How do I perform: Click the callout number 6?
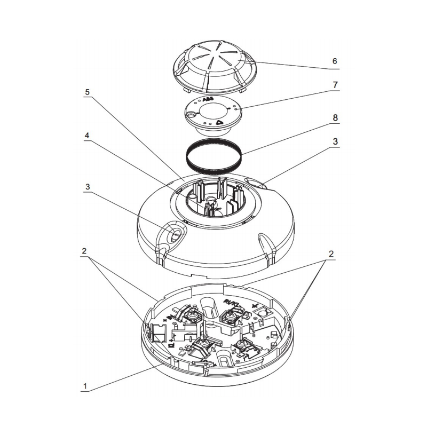coord(335,61)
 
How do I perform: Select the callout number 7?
coord(335,85)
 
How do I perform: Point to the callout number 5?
coord(87,92)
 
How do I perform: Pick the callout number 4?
coord(87,136)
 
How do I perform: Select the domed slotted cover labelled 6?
coord(213,67)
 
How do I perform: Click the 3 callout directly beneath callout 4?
coord(87,187)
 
